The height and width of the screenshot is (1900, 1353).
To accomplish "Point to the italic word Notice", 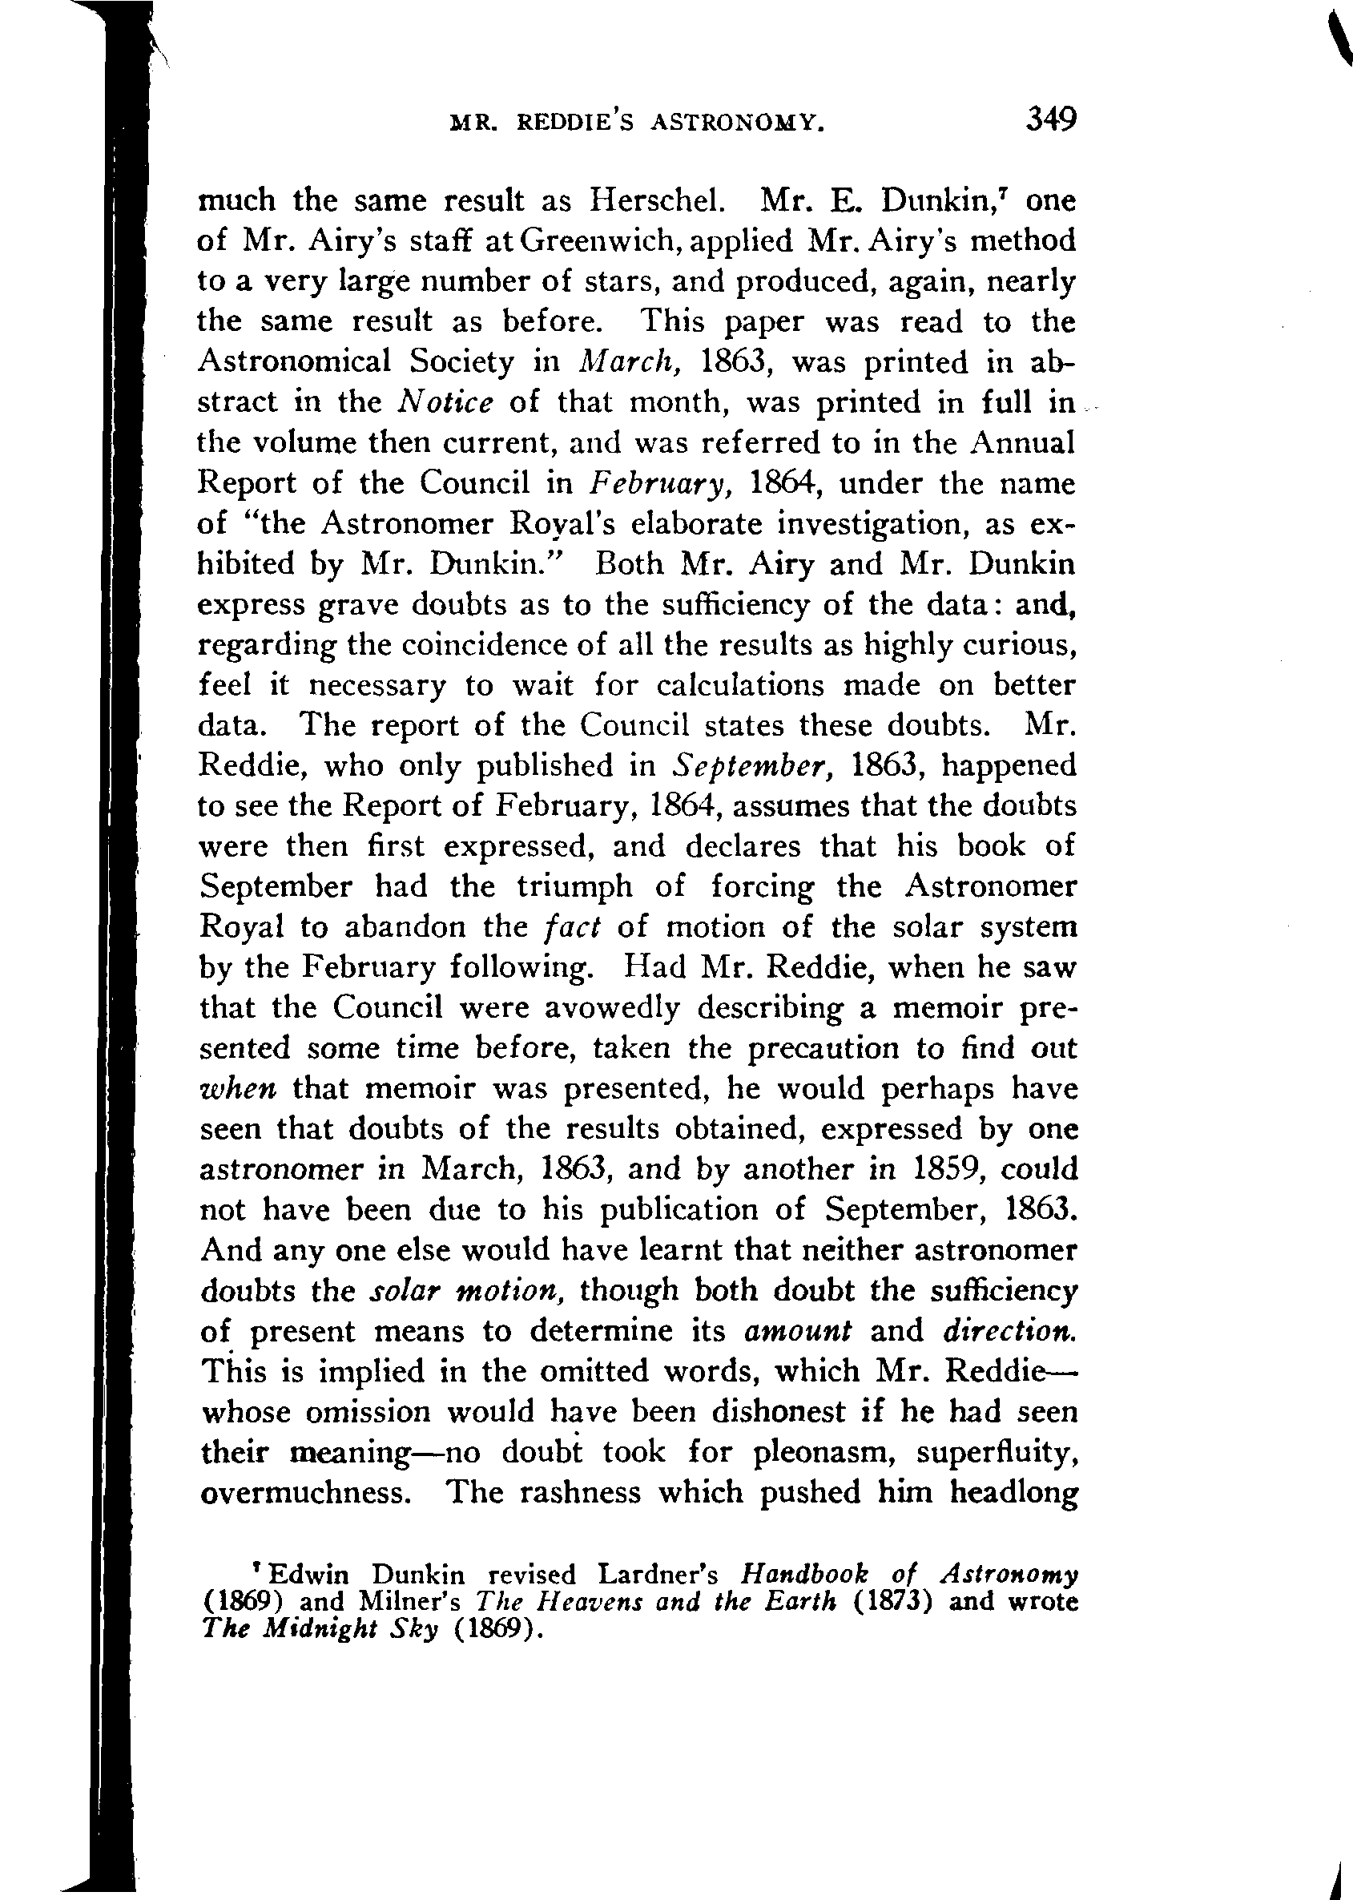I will [445, 402].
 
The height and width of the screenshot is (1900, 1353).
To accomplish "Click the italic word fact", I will [571, 926].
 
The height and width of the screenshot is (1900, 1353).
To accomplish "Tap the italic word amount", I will [797, 1331].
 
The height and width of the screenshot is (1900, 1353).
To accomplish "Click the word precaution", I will [823, 1048].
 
